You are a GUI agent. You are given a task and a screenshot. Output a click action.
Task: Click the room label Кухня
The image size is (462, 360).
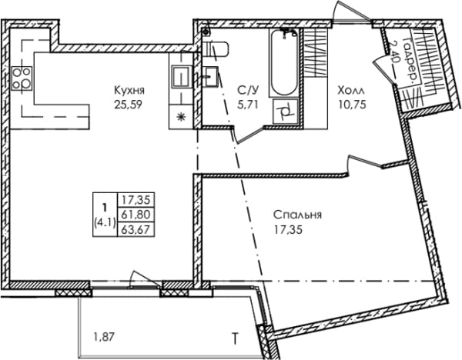click(x=129, y=90)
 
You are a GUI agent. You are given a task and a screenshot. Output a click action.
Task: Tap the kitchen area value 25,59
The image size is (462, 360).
click(x=128, y=105)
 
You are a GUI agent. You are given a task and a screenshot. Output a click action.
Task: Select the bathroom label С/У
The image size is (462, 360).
click(x=248, y=91)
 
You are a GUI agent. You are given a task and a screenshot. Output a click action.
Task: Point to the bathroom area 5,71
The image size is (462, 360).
click(x=248, y=105)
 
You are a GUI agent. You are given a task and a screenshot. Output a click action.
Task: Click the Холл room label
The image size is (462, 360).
click(x=351, y=90)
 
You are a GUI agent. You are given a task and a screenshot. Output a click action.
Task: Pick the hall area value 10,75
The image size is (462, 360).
click(x=353, y=105)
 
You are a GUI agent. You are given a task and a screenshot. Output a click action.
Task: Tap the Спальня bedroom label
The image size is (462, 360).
click(x=297, y=215)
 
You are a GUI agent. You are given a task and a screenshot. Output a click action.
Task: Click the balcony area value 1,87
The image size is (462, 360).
click(x=103, y=337)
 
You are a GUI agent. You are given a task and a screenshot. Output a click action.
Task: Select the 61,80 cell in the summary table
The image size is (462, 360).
click(x=136, y=214)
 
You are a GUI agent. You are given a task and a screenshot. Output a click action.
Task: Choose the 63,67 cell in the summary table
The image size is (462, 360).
click(x=136, y=228)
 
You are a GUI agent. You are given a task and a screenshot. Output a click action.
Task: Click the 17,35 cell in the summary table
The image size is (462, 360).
click(x=136, y=200)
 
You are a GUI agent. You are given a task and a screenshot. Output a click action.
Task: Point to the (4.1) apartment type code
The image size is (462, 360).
click(x=104, y=222)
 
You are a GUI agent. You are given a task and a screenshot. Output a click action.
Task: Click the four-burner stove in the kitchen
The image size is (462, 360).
click(x=22, y=78)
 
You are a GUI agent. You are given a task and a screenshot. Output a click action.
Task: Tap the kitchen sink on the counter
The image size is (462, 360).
click(x=180, y=76)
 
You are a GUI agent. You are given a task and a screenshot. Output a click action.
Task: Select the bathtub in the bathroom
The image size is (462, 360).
click(x=284, y=63)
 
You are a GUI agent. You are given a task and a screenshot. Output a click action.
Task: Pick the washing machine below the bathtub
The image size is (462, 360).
click(x=286, y=112)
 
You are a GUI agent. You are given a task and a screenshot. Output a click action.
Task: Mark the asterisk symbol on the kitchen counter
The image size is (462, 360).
click(x=181, y=118)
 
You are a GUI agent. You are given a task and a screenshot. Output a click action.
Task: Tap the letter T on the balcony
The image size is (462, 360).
click(x=236, y=338)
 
